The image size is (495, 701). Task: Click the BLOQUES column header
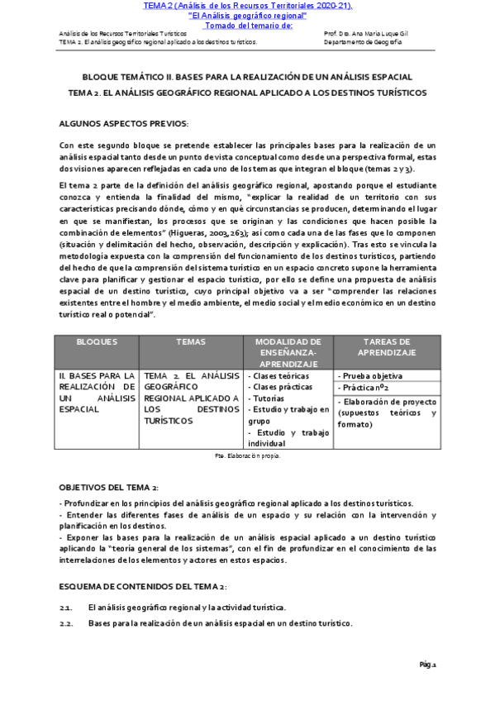coord(97,341)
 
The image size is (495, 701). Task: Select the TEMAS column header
coord(190,341)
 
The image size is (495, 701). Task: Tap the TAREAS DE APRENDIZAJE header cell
coord(387,346)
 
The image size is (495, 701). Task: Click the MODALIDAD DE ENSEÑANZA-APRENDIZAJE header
coord(288,352)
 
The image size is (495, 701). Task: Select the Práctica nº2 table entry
coord(366,387)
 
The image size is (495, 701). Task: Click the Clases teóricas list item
coord(279,376)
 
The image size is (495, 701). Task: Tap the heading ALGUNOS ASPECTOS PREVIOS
coord(124,124)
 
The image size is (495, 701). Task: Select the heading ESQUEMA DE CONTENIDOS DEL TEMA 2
coord(143,586)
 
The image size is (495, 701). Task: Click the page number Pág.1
coord(427,665)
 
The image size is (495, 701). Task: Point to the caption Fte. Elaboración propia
coord(247,455)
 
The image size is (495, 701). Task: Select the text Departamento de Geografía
coord(364,41)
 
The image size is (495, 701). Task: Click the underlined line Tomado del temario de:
coord(248,24)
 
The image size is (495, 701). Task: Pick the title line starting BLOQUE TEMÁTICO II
coord(247,77)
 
